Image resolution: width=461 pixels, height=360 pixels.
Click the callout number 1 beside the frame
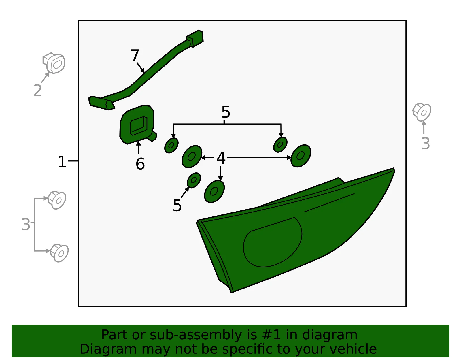pyautogui.click(x=62, y=162)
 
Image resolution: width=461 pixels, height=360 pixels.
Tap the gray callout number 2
pyautogui.click(x=37, y=91)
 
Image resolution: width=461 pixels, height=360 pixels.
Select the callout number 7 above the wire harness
pyautogui.click(x=135, y=55)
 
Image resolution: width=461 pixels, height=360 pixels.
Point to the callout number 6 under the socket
pyautogui.click(x=140, y=164)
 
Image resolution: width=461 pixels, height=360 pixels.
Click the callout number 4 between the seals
pyautogui.click(x=221, y=158)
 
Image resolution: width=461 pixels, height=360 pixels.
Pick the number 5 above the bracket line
pyautogui.click(x=226, y=112)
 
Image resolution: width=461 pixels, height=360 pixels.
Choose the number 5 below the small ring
pyautogui.click(x=177, y=205)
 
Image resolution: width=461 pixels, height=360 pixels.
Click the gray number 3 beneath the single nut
pyautogui.click(x=425, y=144)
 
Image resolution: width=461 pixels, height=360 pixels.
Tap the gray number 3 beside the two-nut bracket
pyautogui.click(x=26, y=224)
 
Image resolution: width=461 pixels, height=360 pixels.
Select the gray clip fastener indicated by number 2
pyautogui.click(x=54, y=63)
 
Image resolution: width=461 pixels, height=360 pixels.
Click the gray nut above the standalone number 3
pyautogui.click(x=422, y=112)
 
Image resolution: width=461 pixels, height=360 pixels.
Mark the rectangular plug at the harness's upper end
pyautogui.click(x=195, y=38)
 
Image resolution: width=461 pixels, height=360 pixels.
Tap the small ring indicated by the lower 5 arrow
pyautogui.click(x=194, y=180)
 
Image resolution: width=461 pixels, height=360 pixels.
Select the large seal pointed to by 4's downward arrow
pyautogui.click(x=214, y=192)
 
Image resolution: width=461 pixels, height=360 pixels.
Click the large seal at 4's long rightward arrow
pyautogui.click(x=301, y=156)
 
